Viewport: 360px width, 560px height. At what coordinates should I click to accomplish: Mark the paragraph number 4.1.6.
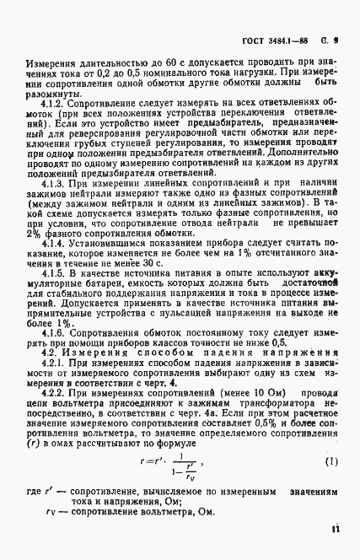(51, 332)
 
